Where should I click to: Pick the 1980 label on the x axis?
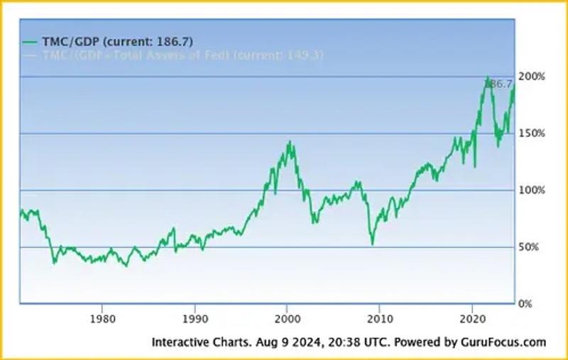tap(102, 317)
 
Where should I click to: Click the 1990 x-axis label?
tap(195, 317)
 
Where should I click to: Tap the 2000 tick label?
tap(287, 317)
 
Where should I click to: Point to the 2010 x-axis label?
tap(380, 317)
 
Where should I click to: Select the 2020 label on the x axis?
tap(473, 317)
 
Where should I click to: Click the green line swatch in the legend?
tap(31, 42)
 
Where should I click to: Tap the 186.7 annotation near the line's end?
tap(498, 84)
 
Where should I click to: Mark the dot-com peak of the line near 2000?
tap(290, 141)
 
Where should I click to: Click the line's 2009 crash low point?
tap(372, 244)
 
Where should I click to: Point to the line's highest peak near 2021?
tap(487, 77)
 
